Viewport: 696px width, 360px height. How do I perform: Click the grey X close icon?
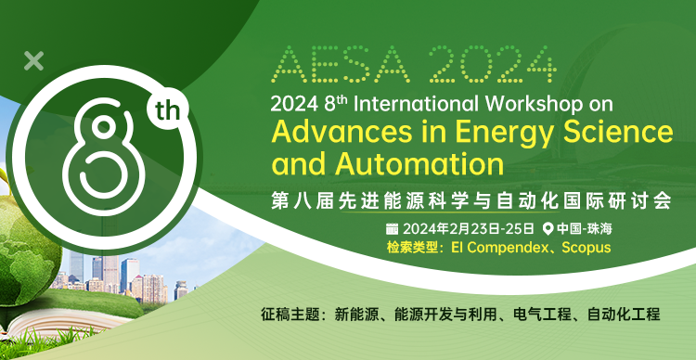click(x=33, y=61)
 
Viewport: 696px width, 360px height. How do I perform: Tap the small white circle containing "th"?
click(x=168, y=109)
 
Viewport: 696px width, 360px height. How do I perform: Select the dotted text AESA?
click(x=341, y=64)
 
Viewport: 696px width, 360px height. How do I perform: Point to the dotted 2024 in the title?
click(x=492, y=64)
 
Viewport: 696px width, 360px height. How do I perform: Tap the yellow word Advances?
click(x=342, y=133)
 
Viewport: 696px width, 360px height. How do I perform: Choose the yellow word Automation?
click(x=419, y=164)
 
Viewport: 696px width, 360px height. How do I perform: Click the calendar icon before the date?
click(x=392, y=229)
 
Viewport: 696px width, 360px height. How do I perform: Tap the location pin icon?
click(x=548, y=229)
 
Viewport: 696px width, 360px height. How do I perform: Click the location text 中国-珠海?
click(x=585, y=229)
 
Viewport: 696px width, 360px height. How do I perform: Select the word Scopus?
click(x=586, y=248)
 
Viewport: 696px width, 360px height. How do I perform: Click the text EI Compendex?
click(x=500, y=248)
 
